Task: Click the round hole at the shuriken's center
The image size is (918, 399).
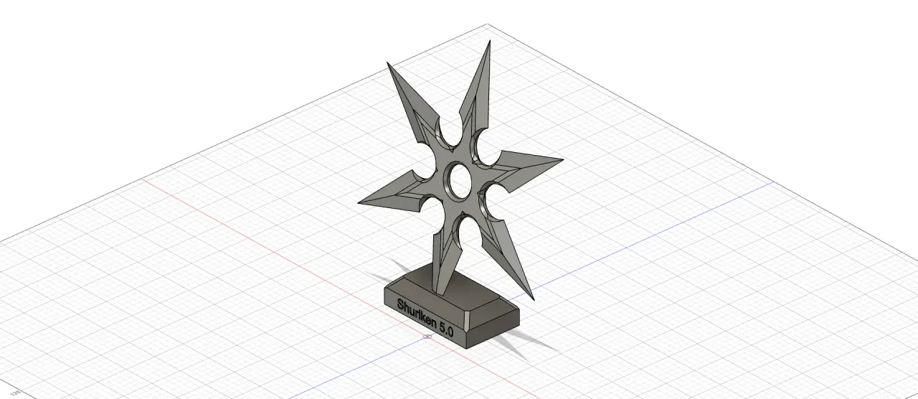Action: point(460,180)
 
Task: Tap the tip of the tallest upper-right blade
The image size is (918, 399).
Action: point(490,40)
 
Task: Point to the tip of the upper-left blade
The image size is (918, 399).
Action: point(387,62)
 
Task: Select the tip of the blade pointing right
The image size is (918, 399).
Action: point(564,159)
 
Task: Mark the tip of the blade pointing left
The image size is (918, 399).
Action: point(358,203)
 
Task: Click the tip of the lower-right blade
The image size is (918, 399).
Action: point(534,300)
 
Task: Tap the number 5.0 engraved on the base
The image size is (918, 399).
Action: point(446,330)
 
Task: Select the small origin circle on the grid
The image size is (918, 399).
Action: point(427,337)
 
